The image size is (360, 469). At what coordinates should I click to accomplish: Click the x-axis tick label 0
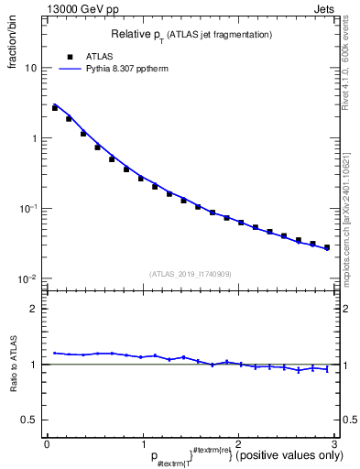tap(47, 444)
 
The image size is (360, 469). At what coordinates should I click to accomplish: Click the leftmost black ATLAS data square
tap(55, 108)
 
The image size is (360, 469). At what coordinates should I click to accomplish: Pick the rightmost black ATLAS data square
tap(327, 247)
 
